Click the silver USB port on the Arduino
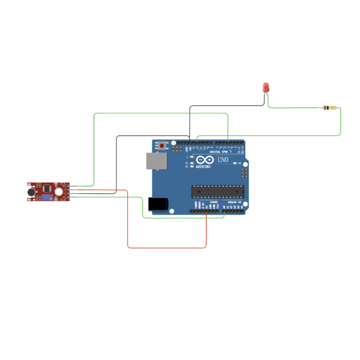(157, 161)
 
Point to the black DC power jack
(158, 204)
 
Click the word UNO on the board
(223, 160)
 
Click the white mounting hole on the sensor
(58, 191)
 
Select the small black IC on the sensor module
(46, 187)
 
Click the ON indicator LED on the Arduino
(235, 163)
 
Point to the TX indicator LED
(191, 163)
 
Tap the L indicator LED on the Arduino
(191, 157)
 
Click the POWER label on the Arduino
(214, 202)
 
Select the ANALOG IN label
(234, 202)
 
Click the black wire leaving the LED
(228, 105)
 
